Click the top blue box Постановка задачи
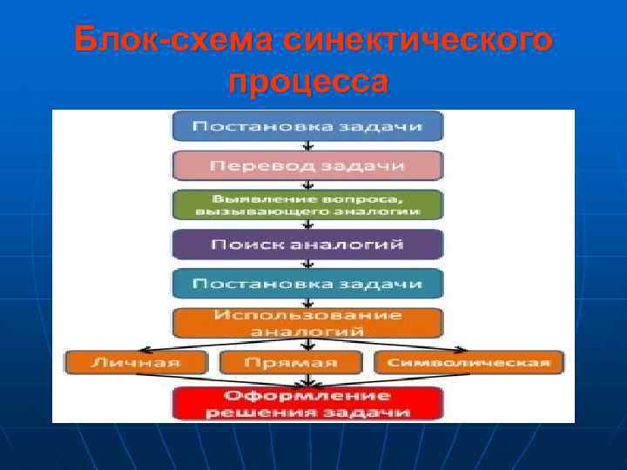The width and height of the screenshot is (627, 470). (307, 126)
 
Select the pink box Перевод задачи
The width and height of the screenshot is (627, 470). (307, 165)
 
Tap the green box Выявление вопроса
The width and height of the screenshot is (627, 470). (307, 205)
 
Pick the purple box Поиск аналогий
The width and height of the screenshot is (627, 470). (307, 244)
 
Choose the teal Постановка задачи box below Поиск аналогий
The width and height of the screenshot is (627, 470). (307, 284)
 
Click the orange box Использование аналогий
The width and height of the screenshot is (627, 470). (307, 323)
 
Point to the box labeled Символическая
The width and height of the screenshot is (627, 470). (469, 362)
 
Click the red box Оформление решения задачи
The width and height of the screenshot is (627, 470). (307, 403)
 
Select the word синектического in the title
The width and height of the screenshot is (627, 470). (417, 40)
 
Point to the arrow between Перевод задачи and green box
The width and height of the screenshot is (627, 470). (307, 184)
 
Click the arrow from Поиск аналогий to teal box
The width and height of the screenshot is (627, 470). (307, 264)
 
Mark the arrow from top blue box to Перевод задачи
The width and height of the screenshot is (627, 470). (307, 145)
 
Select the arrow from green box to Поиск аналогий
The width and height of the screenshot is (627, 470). (307, 224)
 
